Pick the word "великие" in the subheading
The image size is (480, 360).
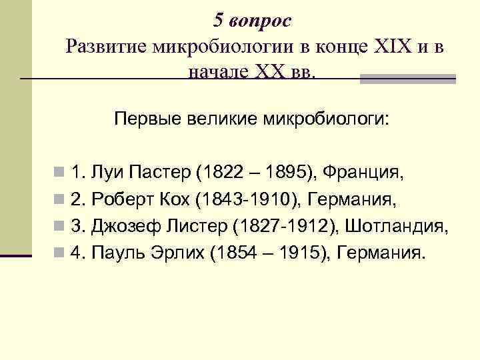221,120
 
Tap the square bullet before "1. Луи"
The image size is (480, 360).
61,175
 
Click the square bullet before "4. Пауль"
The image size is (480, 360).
61,253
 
